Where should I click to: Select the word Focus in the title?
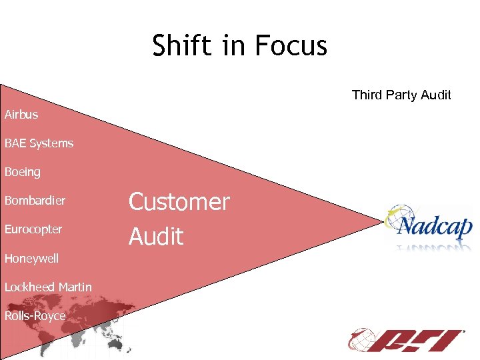tap(295, 46)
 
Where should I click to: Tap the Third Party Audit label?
tap(401, 95)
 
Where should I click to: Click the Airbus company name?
tap(21, 115)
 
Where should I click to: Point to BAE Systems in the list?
tap(39, 143)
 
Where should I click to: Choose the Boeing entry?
tap(23, 172)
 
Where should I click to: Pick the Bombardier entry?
tap(35, 201)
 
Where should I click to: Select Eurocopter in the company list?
tap(33, 229)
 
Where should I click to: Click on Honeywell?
tap(31, 258)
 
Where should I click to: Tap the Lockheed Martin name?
tap(48, 287)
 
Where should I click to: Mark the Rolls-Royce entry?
tap(35, 316)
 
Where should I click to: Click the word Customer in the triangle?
tap(179, 202)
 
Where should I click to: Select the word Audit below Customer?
tap(155, 236)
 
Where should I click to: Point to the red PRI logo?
tap(407, 340)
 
